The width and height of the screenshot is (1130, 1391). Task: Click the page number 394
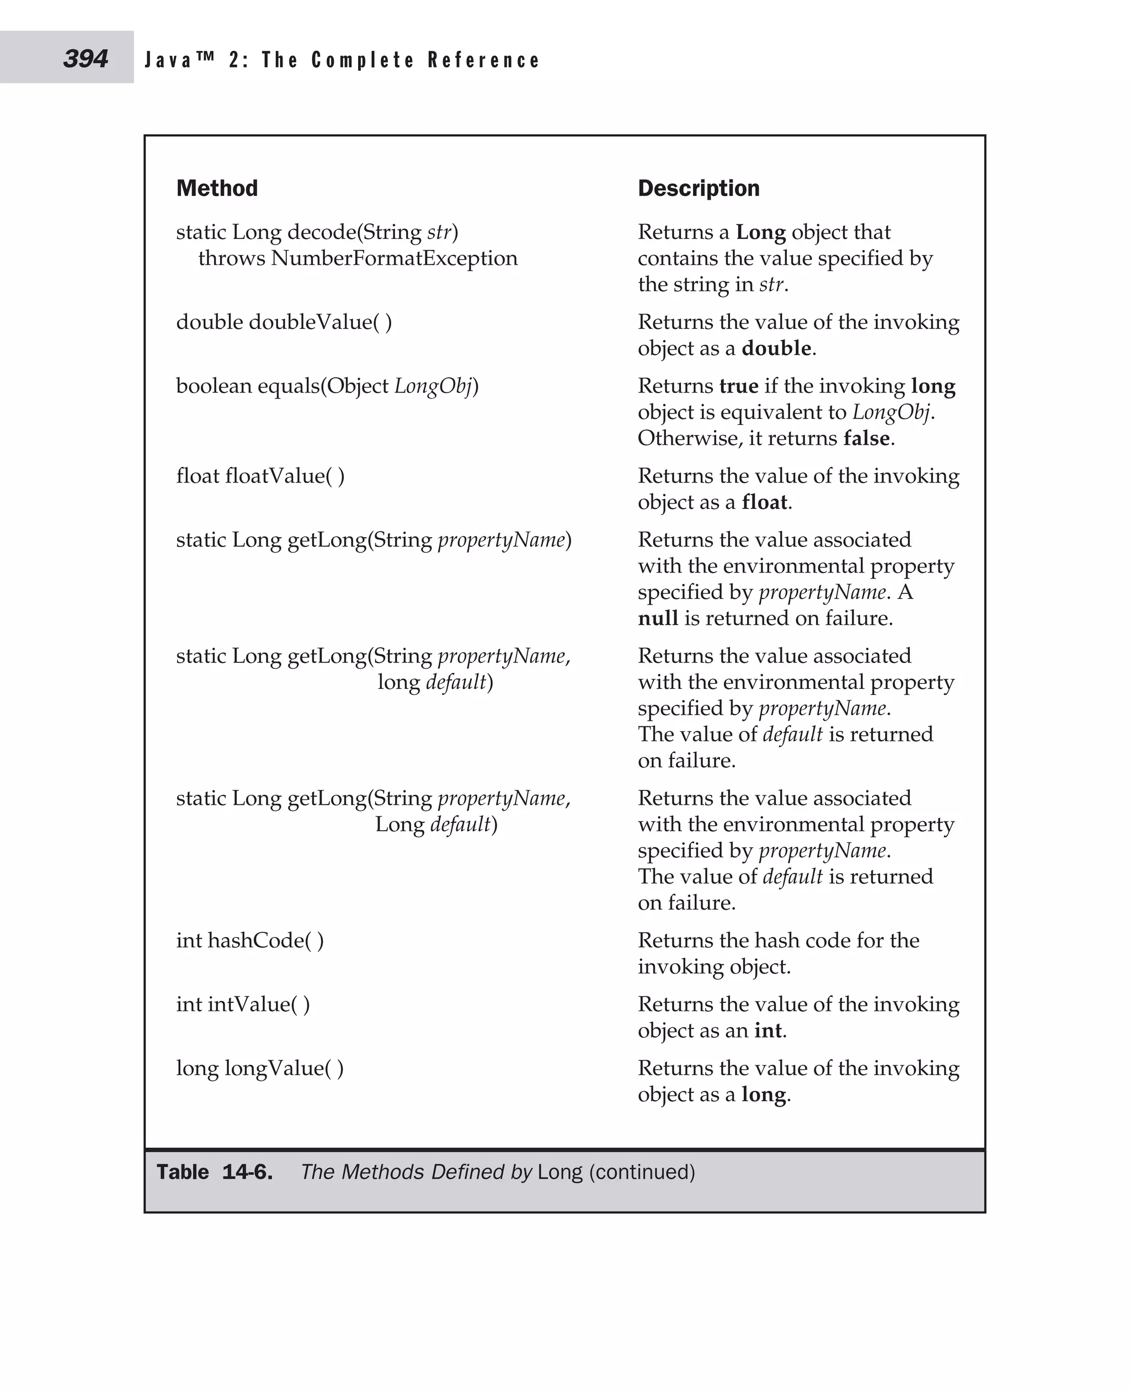pyautogui.click(x=86, y=59)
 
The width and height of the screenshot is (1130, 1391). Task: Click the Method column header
pyautogui.click(x=217, y=188)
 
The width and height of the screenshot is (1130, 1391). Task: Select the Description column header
pyautogui.click(x=699, y=188)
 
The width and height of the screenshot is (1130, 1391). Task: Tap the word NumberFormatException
pyautogui.click(x=394, y=258)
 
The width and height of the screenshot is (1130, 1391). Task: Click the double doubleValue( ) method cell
pyautogui.click(x=284, y=322)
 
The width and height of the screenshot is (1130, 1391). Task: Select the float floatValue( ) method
pyautogui.click(x=260, y=476)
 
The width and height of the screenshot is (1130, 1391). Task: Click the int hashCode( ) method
pyautogui.click(x=250, y=941)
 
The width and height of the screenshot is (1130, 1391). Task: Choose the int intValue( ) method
pyautogui.click(x=243, y=1004)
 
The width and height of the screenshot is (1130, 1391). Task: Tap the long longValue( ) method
pyautogui.click(x=260, y=1068)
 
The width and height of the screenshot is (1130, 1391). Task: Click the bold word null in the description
pyautogui.click(x=658, y=618)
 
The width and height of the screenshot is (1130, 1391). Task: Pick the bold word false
pyautogui.click(x=866, y=438)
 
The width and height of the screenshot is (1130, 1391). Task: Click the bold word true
pyautogui.click(x=738, y=386)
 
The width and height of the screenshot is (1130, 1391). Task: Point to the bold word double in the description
pyautogui.click(x=776, y=348)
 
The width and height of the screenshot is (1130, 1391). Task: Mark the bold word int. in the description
pyautogui.click(x=769, y=1031)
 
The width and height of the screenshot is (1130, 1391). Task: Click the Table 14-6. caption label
pyautogui.click(x=215, y=1172)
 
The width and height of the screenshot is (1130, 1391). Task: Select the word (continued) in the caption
pyautogui.click(x=642, y=1172)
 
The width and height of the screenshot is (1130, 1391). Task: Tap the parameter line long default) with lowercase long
pyautogui.click(x=435, y=682)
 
